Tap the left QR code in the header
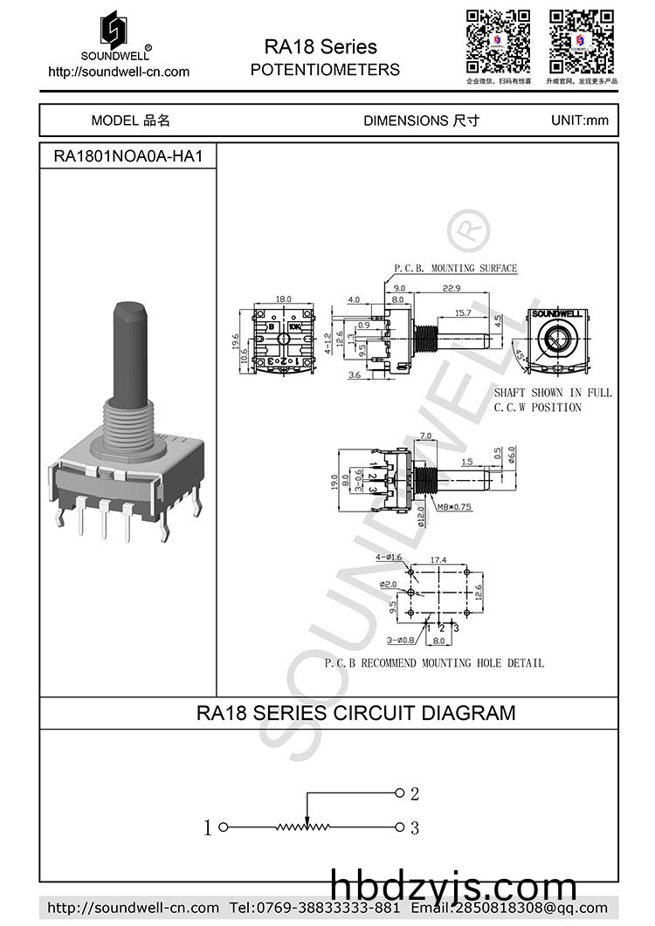tap(498, 41)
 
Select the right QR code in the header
tap(582, 41)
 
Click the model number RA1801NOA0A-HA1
tap(128, 156)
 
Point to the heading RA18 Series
tap(321, 46)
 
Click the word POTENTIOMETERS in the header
tap(325, 70)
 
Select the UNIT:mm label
tap(580, 120)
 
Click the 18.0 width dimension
tap(283, 298)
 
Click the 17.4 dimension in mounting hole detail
tap(438, 559)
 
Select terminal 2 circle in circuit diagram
tap(400, 793)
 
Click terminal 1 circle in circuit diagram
tap(223, 827)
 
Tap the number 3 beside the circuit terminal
tap(415, 827)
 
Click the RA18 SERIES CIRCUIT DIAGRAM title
tap(355, 713)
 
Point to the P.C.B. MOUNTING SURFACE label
tap(455, 268)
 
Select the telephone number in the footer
tap(314, 908)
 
